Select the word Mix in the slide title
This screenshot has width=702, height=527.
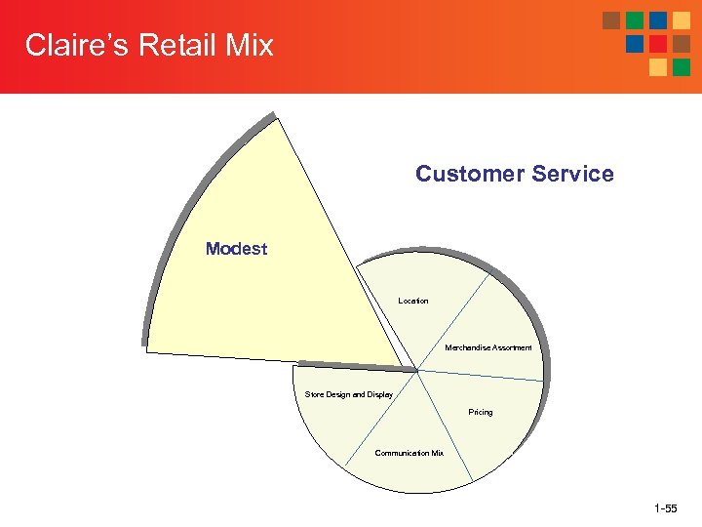pos(249,45)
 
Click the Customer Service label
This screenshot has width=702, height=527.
pos(515,174)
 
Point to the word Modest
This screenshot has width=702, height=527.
pos(236,249)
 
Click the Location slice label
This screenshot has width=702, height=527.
pos(413,301)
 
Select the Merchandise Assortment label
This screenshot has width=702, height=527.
pos(488,347)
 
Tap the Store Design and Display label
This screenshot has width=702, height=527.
pos(349,395)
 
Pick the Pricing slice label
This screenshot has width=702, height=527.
pos(481,412)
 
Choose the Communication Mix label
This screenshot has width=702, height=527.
pos(409,453)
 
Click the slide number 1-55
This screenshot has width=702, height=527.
pos(667,508)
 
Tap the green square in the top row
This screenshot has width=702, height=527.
pos(635,20)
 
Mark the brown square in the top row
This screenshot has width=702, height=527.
pos(611,20)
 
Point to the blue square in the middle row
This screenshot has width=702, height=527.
pos(635,44)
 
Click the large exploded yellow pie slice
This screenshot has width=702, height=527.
pos(263,283)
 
